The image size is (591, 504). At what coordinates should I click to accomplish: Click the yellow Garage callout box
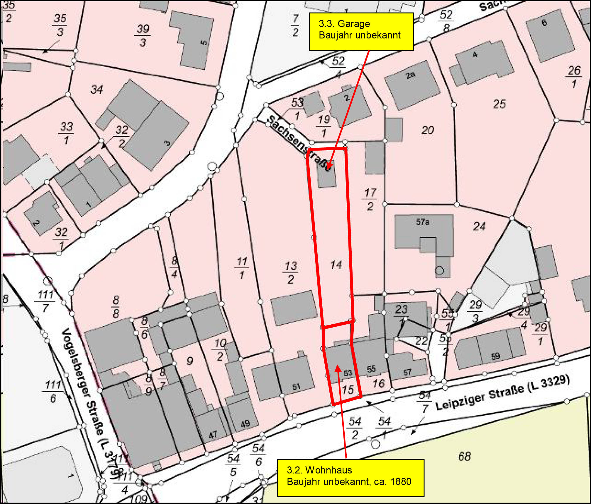coord(361,31)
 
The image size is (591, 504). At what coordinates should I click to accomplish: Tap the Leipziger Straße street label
coord(502,394)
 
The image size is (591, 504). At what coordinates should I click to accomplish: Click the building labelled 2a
coord(412,85)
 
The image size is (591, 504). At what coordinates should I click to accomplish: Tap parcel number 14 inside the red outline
coord(336,265)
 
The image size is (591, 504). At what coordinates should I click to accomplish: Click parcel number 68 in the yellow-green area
coord(464,456)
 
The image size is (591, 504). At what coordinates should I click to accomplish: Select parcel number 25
coord(499,104)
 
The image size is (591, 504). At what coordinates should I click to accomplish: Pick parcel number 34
coord(97,90)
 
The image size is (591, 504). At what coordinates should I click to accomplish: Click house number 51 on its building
coord(296,387)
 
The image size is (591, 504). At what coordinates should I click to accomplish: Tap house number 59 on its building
coord(495,356)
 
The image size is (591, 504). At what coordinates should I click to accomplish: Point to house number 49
coord(245,424)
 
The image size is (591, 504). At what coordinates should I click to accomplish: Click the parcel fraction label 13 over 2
coord(291,273)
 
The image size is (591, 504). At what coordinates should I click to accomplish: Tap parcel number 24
coord(479,227)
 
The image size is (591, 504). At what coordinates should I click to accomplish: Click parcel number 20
coord(428,130)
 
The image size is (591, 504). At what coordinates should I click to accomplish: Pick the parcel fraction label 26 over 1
coord(574,77)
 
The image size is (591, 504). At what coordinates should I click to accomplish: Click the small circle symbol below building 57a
coord(439,270)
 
